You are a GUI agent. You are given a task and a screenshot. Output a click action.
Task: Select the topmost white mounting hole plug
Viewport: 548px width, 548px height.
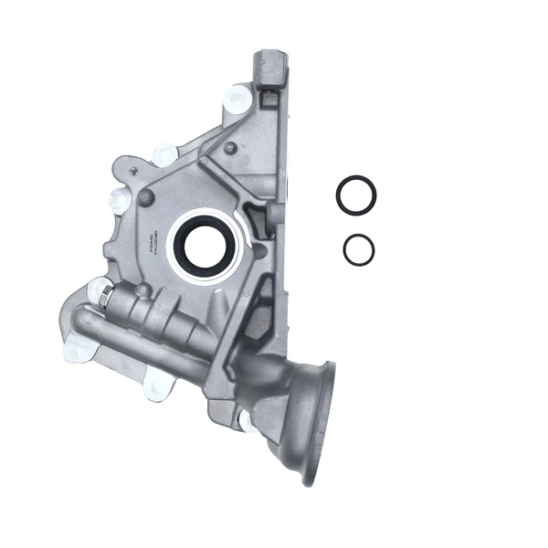238,96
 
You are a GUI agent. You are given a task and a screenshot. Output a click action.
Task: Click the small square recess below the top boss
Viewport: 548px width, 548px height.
270,93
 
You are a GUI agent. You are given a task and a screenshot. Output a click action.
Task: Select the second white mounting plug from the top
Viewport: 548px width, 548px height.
165,153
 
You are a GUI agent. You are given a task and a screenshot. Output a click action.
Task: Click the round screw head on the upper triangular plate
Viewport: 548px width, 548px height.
230,147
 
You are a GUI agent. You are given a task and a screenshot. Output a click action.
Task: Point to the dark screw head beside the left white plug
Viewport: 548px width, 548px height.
143,195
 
